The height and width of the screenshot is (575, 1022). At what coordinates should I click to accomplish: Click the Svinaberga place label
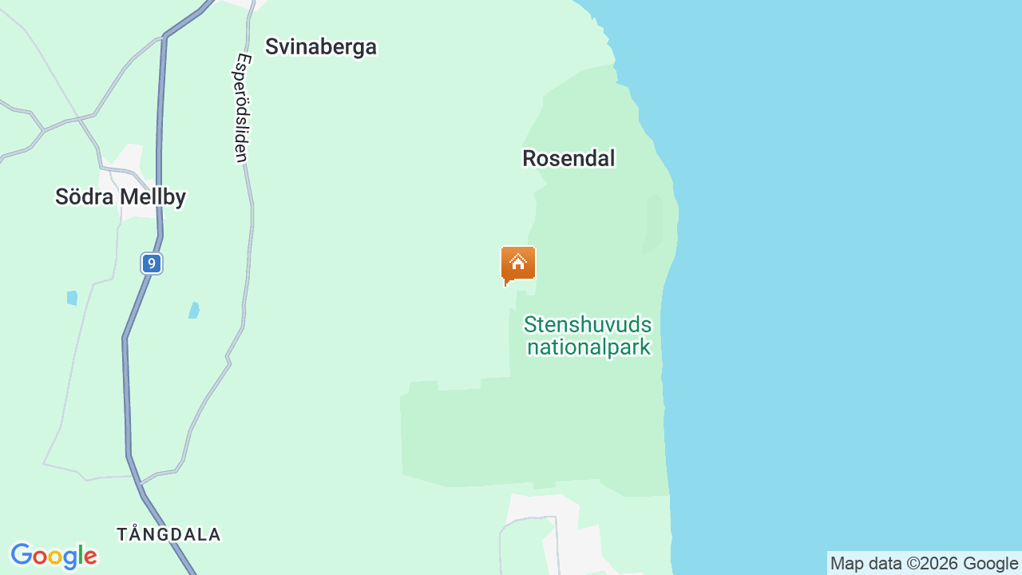click(320, 46)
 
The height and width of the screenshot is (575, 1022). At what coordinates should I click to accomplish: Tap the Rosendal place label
click(568, 158)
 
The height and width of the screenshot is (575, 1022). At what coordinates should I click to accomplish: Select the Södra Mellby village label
click(121, 196)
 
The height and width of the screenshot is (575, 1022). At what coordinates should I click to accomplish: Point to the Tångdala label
click(168, 534)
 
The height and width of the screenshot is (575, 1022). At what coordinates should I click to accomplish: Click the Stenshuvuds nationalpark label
click(588, 336)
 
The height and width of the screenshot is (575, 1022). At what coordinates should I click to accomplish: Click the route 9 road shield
click(152, 263)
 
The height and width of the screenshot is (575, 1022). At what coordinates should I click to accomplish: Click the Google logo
click(54, 556)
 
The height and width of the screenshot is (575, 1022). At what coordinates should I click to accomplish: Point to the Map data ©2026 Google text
click(924, 563)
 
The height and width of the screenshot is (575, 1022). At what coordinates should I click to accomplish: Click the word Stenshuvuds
click(588, 325)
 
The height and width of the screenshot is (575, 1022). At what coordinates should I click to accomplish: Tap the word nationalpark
click(589, 347)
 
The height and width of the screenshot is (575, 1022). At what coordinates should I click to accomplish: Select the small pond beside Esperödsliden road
click(194, 310)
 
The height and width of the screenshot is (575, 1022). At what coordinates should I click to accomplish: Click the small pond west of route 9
click(73, 298)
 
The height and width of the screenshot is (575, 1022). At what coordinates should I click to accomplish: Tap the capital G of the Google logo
click(22, 555)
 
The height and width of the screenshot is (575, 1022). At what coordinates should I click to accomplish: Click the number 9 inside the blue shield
click(152, 263)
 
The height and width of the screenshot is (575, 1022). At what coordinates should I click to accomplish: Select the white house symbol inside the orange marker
click(518, 262)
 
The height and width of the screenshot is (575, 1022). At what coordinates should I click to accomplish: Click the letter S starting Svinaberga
click(271, 46)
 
